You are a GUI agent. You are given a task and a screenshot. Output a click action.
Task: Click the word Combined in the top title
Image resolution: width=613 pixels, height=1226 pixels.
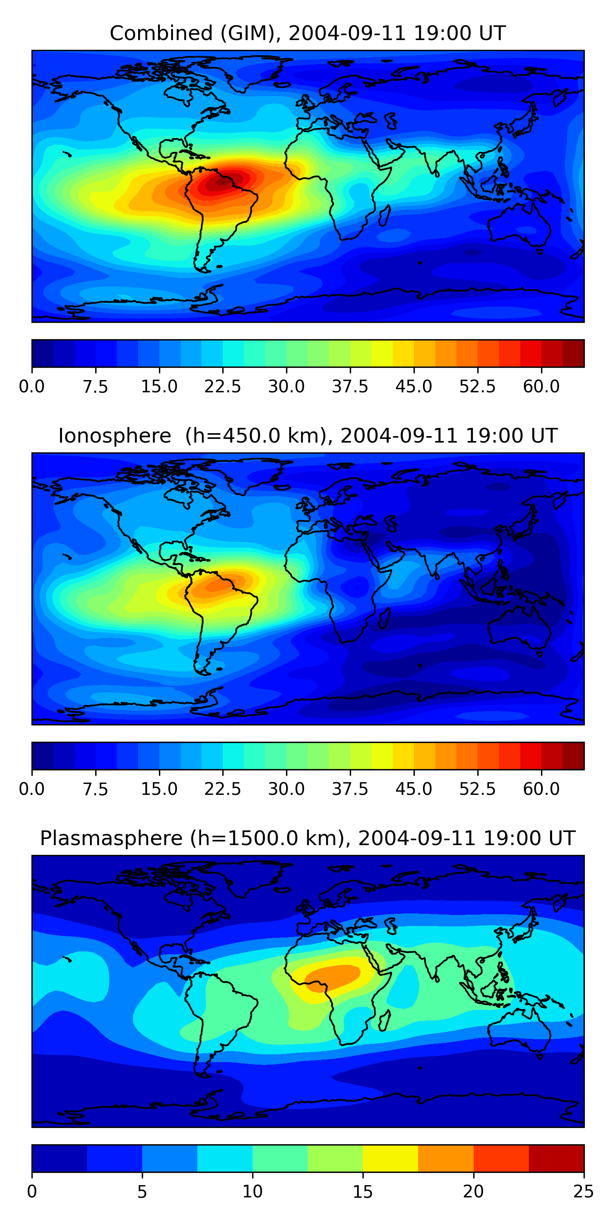point(161,34)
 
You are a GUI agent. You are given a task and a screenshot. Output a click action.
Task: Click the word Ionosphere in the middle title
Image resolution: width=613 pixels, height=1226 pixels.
point(114,436)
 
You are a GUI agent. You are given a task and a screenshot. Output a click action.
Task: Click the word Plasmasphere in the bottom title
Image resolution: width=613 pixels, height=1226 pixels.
point(111,838)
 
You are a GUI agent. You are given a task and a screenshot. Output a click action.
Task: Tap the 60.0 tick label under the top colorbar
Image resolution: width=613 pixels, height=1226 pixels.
point(541,387)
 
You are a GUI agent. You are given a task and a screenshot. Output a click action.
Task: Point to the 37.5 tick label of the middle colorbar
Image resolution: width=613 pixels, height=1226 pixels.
point(350,789)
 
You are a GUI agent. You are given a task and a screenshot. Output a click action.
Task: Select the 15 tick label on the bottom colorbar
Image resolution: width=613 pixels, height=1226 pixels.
point(362,1191)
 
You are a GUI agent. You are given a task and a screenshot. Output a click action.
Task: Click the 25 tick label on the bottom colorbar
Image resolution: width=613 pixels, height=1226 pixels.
point(583,1191)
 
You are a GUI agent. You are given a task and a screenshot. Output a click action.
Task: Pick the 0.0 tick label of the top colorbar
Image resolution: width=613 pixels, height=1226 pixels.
point(32,387)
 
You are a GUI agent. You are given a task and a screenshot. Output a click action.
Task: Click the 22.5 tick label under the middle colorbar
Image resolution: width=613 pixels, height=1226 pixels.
point(223,789)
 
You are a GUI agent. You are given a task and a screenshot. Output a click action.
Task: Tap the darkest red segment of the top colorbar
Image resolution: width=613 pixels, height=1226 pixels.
point(573,353)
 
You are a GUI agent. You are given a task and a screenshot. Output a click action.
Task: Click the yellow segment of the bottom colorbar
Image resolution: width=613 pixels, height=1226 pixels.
point(390,1158)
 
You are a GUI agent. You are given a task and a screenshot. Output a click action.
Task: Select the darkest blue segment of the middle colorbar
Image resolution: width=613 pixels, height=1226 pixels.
point(43,756)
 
